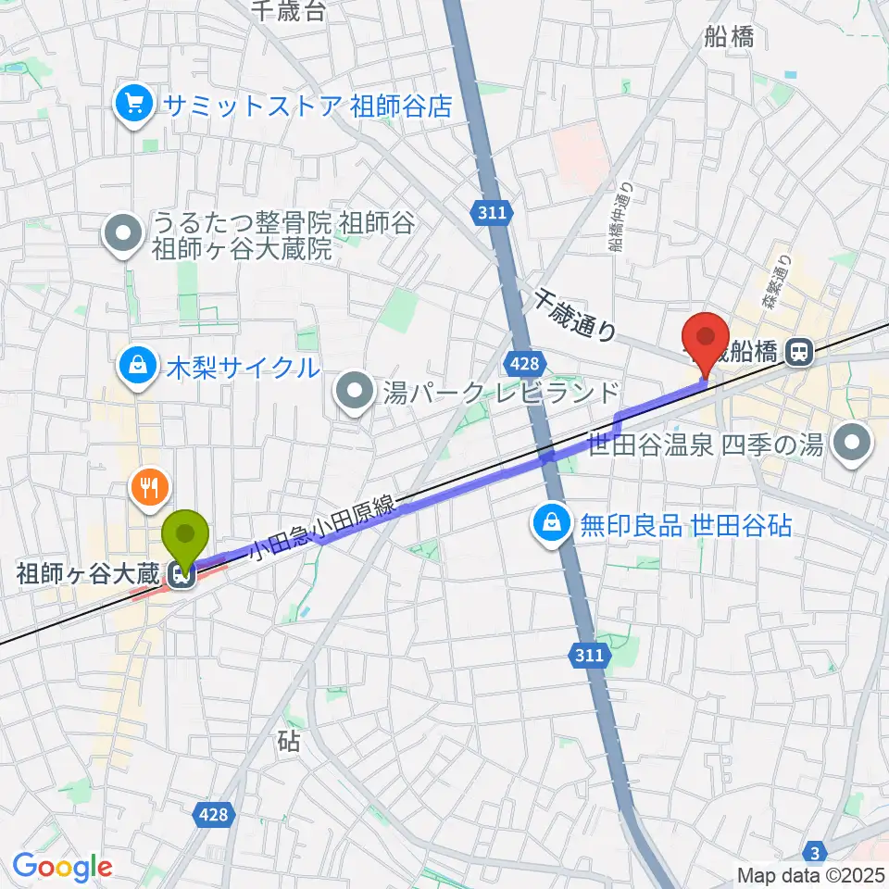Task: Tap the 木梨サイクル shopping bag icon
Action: pos(137,366)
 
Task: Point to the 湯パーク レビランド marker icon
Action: pos(355,394)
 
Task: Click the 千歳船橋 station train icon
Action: pos(795,351)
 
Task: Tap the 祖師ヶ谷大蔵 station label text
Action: pos(90,575)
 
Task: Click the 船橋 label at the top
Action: pos(728,37)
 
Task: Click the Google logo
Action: pos(62,867)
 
